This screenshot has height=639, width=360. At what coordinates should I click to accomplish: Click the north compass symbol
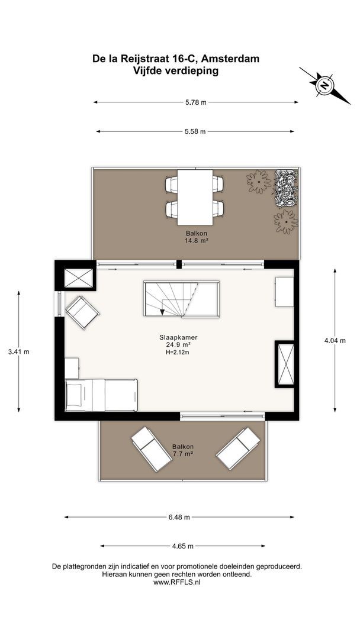click(x=324, y=86)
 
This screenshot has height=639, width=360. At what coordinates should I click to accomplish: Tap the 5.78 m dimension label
click(x=196, y=103)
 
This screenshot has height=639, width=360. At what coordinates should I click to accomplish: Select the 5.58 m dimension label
click(x=195, y=131)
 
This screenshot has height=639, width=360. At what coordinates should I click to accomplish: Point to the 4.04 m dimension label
click(x=335, y=341)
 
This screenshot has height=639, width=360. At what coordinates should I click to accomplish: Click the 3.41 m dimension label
click(x=19, y=351)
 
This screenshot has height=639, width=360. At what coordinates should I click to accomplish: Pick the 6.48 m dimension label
click(x=179, y=518)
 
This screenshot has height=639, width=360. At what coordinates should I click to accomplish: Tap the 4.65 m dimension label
click(x=182, y=546)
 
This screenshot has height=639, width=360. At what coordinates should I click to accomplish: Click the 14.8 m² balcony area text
click(x=197, y=241)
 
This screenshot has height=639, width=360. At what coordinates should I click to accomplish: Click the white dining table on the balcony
click(x=195, y=197)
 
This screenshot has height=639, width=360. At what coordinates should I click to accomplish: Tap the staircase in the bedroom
click(x=181, y=299)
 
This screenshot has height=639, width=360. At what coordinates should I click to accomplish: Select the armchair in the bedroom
click(x=82, y=312)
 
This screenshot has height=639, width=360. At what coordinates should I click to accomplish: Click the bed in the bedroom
click(x=101, y=395)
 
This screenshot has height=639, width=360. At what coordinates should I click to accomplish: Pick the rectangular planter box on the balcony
click(x=286, y=188)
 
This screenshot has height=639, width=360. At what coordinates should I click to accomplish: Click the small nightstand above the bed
click(x=72, y=369)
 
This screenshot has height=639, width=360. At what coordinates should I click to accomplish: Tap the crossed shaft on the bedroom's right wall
click(x=285, y=364)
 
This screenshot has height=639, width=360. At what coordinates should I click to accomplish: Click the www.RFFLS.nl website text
click(x=177, y=583)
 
